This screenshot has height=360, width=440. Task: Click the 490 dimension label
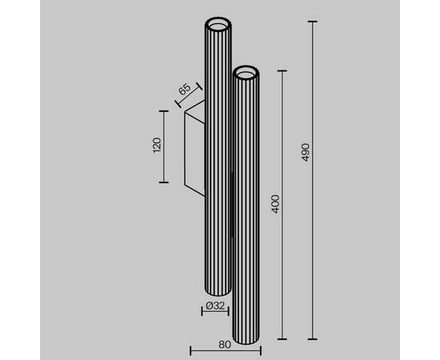[x=306, y=152]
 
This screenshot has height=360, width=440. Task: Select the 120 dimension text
[x=157, y=145]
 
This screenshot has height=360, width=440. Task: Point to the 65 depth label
[x=185, y=90]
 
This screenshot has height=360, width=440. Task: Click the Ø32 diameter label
[x=215, y=306]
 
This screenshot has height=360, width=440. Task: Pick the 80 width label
[x=225, y=345]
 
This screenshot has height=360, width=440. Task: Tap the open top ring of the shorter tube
[x=246, y=72]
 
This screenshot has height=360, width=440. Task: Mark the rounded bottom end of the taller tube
[x=218, y=292]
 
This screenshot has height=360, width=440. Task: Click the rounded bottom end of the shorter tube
[x=246, y=340]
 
